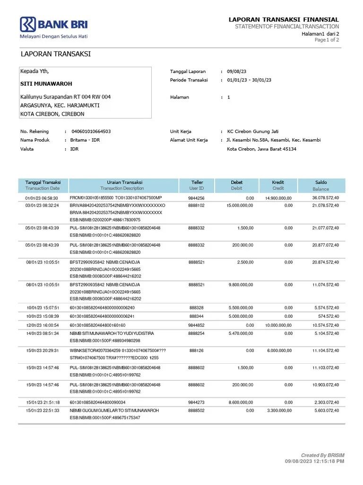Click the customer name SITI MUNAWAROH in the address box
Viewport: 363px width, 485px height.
46,84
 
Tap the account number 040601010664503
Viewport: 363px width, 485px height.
91,131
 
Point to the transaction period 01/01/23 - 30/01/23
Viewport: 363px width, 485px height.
249,80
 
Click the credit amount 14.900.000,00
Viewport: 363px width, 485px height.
278,198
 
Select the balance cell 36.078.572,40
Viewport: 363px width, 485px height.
325,198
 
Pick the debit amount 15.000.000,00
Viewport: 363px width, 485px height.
240,206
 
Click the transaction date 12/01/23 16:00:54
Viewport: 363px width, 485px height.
42,325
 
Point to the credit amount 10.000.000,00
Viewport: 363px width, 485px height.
278,325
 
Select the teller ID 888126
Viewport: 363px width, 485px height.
196,350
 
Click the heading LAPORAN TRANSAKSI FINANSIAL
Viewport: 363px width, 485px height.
284,19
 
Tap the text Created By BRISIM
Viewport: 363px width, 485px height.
323,455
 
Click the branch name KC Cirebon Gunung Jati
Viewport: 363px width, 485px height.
252,131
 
